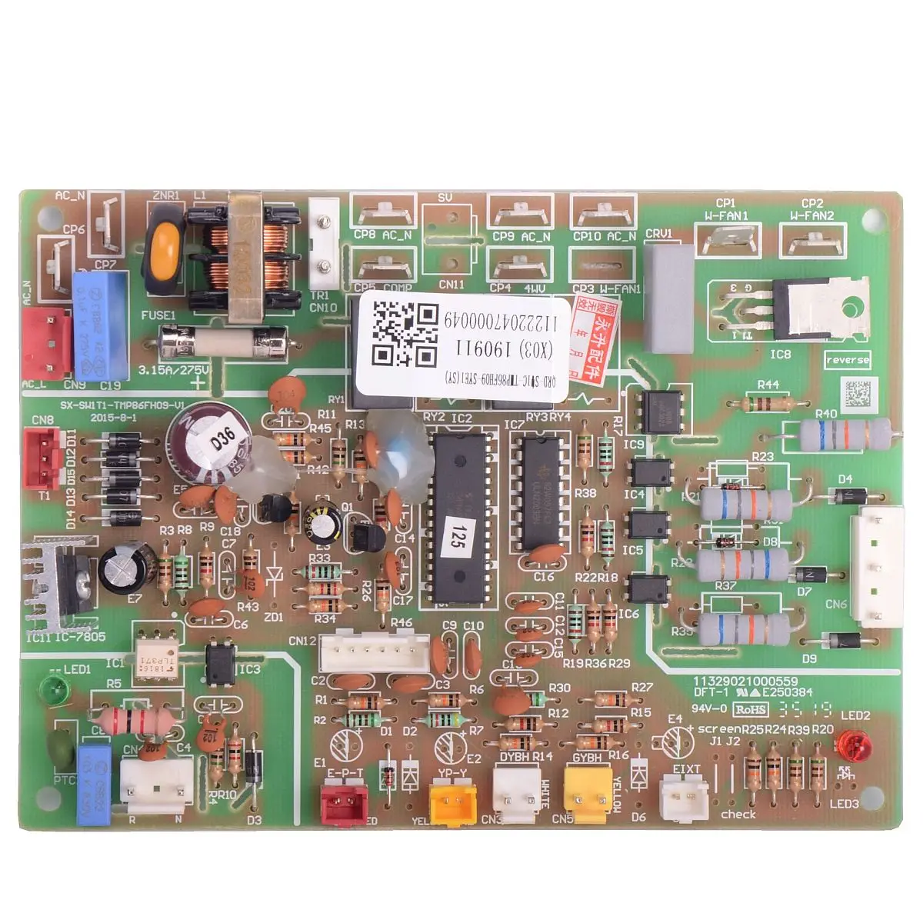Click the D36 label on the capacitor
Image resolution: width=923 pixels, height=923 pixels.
(x=224, y=442)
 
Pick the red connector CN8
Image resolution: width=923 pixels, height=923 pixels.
(x=42, y=457)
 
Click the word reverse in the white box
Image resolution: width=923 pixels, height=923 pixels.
(x=848, y=360)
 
